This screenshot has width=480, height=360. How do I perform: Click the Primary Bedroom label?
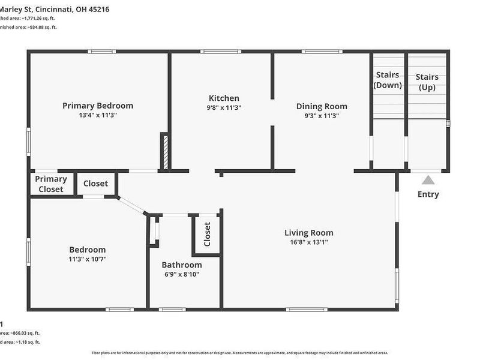pyautogui.click(x=98, y=106)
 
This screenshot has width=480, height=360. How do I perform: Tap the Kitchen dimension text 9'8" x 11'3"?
pyautogui.click(x=224, y=108)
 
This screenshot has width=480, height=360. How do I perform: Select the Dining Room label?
pyautogui.click(x=322, y=106)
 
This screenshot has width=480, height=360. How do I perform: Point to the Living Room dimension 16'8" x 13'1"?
pyautogui.click(x=308, y=243)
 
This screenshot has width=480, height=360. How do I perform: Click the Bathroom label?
pyautogui.click(x=182, y=265)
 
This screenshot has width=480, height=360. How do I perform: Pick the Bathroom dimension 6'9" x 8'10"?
pyautogui.click(x=182, y=274)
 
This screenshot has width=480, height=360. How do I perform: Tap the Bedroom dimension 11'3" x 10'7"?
pyautogui.click(x=88, y=259)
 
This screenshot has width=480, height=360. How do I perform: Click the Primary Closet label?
pyautogui.click(x=51, y=184)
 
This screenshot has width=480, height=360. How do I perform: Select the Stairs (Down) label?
pyautogui.click(x=388, y=80)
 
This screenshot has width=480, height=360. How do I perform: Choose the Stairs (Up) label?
pyautogui.click(x=427, y=82)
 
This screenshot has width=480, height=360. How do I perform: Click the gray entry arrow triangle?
pyautogui.click(x=428, y=180)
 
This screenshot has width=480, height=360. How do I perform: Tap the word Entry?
pyautogui.click(x=428, y=194)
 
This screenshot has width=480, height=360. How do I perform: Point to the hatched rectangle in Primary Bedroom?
pyautogui.click(x=163, y=151)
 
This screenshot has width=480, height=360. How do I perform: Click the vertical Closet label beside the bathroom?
pyautogui.click(x=207, y=234)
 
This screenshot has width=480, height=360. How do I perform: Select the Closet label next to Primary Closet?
pyautogui.click(x=95, y=184)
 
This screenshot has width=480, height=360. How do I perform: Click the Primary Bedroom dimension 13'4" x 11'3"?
pyautogui.click(x=98, y=115)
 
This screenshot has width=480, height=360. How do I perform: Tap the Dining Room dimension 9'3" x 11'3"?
pyautogui.click(x=322, y=116)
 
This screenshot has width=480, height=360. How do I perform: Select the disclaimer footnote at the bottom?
pyautogui.click(x=239, y=353)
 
